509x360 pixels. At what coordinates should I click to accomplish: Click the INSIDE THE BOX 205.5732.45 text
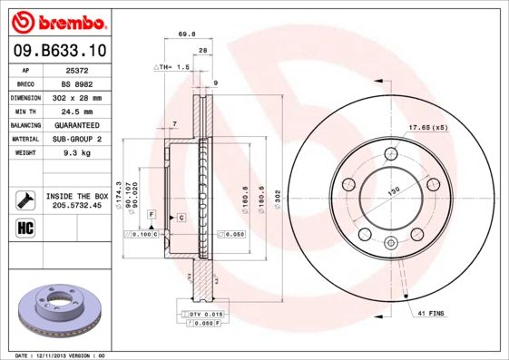click(x=77, y=200)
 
